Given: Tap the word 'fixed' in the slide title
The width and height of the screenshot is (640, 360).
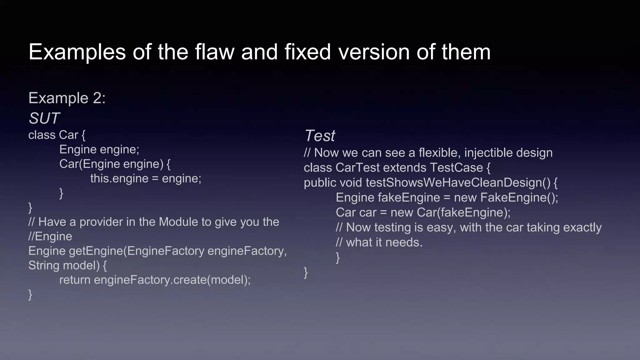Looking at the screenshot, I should (x=307, y=52).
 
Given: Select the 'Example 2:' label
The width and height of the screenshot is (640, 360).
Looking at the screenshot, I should (x=67, y=98).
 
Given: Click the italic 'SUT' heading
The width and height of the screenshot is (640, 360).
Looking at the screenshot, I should (x=44, y=118).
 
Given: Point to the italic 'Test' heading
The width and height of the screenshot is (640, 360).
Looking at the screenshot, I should (x=319, y=136).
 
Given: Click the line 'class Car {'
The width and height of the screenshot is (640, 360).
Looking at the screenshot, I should (x=57, y=135).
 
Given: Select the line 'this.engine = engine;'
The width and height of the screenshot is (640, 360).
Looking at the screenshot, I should (x=146, y=178).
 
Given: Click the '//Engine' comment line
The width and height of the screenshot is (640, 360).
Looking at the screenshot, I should (x=50, y=236).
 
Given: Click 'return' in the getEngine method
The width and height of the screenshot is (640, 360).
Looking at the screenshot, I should (x=75, y=280).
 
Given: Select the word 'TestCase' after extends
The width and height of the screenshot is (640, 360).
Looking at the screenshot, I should (x=457, y=168).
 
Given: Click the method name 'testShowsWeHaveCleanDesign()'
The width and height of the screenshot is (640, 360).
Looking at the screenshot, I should (x=458, y=182).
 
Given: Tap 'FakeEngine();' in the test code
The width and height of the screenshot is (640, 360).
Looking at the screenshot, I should (x=519, y=197).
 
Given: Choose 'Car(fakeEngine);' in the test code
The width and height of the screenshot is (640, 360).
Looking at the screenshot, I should (x=463, y=212).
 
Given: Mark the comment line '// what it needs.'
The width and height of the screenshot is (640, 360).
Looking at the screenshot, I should (x=379, y=242).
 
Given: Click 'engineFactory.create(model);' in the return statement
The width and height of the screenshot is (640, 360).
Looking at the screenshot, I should (x=172, y=280).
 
